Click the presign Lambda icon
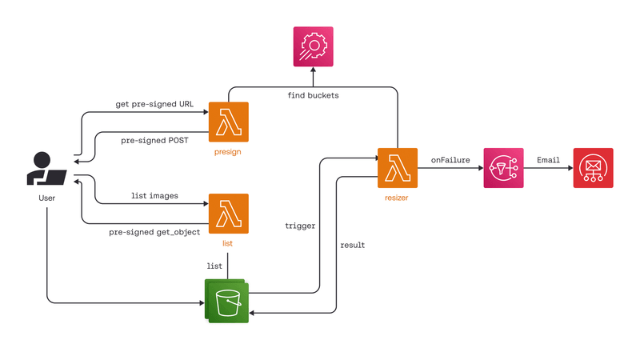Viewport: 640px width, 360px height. coord(228,122)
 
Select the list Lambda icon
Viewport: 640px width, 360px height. coord(228,214)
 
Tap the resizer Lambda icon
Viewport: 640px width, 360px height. coord(398,168)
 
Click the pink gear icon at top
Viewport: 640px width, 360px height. coord(313,47)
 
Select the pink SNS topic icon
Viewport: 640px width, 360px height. coord(504,168)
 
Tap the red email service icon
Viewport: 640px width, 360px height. coord(593,168)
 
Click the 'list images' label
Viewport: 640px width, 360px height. coord(154,195)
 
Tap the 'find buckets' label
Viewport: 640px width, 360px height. coord(313,95)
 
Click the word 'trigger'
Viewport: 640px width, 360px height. coord(300,226)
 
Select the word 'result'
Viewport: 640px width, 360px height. coord(353,245)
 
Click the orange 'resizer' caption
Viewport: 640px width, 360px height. coord(398,196)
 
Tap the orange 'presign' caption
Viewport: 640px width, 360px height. coord(228,150)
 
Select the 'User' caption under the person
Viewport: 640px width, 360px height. coord(47,197)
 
